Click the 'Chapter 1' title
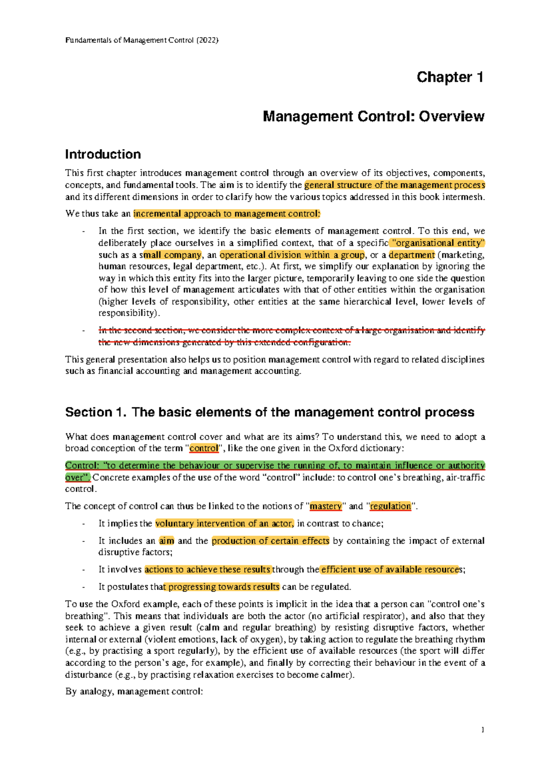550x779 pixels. [x=450, y=77]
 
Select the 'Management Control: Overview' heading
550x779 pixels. [x=373, y=117]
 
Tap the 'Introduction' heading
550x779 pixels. [x=103, y=154]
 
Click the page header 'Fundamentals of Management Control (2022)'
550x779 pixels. [x=142, y=40]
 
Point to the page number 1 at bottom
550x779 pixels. [x=483, y=729]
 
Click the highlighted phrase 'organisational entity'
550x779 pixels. [x=439, y=243]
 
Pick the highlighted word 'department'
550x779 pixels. [x=412, y=255]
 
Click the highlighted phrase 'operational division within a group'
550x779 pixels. [x=292, y=255]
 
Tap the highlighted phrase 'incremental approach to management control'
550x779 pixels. [x=226, y=213]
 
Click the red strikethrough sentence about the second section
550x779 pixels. [x=291, y=336]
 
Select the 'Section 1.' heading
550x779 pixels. [x=95, y=412]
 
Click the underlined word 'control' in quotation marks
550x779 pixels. [x=203, y=448]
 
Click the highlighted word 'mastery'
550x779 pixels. [x=325, y=506]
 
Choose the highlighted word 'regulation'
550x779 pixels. [x=390, y=506]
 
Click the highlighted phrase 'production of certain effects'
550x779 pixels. [x=270, y=540]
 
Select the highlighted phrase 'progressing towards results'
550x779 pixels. [x=224, y=586]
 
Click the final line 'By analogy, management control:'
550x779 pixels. [x=134, y=691]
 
